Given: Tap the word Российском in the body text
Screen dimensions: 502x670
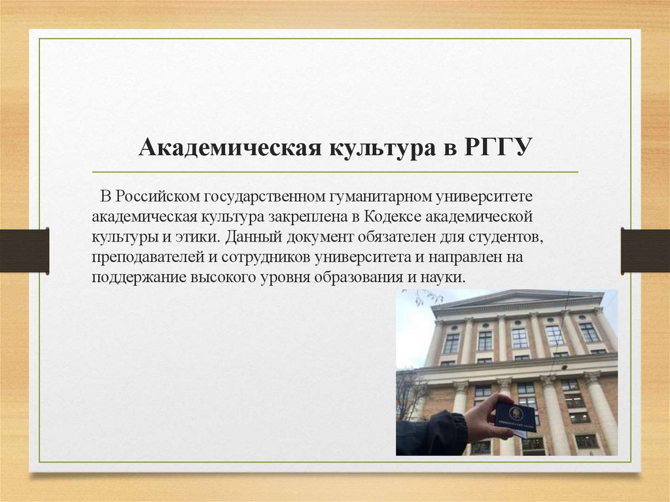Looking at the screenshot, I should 160,196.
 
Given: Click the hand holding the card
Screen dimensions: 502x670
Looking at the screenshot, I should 485,419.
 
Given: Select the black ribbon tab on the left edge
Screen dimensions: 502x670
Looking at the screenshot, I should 24,250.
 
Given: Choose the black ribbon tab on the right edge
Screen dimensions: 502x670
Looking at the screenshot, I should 645,250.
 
